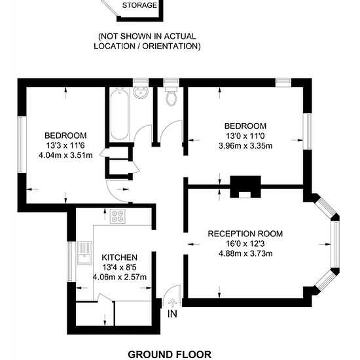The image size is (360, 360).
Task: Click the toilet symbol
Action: pos(171,96)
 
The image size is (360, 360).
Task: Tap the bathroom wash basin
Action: pos(140,93)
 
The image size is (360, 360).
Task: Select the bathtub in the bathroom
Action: pos(119,115)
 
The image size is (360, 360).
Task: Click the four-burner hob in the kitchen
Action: pos(118,216)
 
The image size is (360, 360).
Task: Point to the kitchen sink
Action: pos(84,253)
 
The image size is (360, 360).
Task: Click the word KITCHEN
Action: pos(119,257)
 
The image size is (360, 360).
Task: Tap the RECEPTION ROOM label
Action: pos(245,234)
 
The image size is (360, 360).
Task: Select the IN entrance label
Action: pos(172,314)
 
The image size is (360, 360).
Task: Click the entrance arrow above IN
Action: pos(172,302)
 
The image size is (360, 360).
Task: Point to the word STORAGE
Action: pos(139,5)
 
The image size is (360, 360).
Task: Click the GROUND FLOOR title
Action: pos(170,354)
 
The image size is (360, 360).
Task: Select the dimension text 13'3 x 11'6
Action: pos(65,145)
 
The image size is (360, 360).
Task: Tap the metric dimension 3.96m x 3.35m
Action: pos(245,146)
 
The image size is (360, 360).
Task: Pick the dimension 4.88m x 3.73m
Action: pos(245,253)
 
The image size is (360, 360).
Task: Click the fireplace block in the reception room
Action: pos(245,187)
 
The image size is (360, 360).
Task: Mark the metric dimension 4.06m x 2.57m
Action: pos(119,277)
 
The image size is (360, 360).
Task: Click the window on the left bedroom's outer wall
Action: pos(20,145)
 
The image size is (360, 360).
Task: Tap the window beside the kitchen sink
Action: pos(70,262)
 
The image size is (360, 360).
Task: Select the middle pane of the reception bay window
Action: pos(336,244)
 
